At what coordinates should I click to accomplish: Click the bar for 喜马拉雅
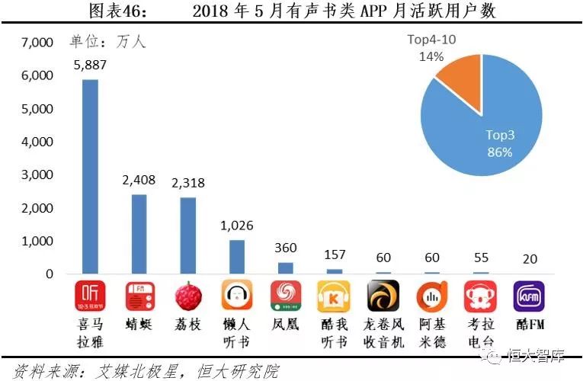tap(90, 176)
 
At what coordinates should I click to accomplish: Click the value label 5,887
tap(90, 66)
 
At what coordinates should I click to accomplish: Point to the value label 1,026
tap(235, 226)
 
